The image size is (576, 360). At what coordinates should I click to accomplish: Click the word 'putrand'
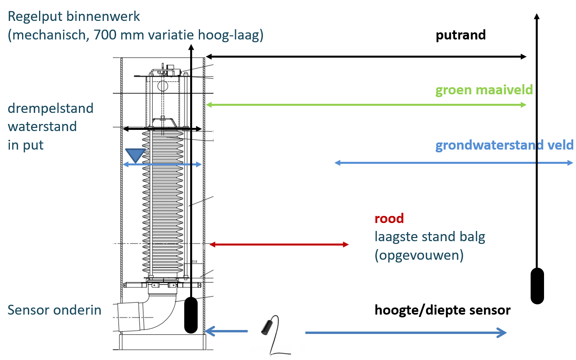pos(460,35)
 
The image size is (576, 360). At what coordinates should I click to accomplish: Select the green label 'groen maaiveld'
pos(484,90)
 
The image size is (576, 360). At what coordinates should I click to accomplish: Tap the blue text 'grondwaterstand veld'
pos(504,145)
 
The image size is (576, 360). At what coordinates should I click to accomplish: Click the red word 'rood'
pos(389,218)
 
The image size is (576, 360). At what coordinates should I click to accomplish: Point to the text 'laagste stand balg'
pos(430,237)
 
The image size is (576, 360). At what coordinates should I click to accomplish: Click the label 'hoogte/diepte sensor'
pos(442,310)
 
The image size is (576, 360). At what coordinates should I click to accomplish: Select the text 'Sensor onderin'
pos(54,310)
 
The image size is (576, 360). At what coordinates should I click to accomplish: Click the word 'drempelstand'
pos(50,108)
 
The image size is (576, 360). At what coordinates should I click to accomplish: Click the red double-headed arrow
pos(279,245)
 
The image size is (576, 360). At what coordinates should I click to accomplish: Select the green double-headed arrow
pos(366,105)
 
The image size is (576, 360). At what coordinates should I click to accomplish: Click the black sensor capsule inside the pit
pos(191,315)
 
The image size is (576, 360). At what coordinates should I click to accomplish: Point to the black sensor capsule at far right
pos(537,286)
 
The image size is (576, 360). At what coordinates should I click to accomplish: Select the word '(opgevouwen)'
pos(419,255)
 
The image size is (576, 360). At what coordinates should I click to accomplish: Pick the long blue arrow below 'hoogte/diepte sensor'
pos(406,333)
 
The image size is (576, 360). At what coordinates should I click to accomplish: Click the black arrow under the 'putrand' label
pos(366,57)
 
